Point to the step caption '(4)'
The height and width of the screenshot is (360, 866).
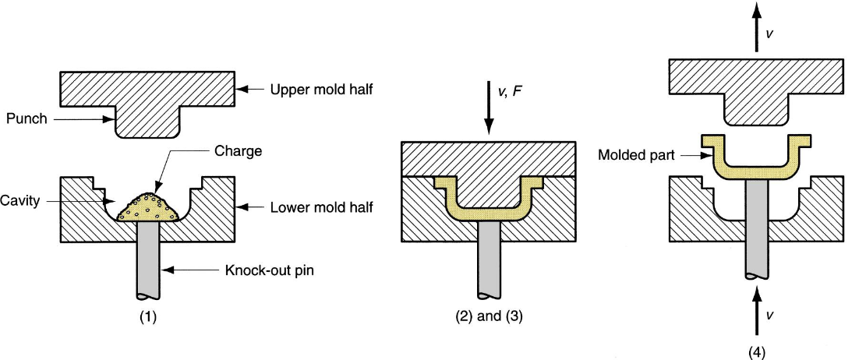click(756, 352)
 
